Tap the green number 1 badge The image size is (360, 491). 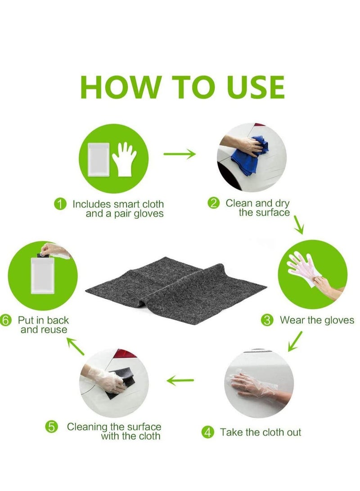(x=60, y=204)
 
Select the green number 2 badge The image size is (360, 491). (x=213, y=203)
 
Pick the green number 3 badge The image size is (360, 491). (x=267, y=320)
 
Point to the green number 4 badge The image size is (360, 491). (x=207, y=432)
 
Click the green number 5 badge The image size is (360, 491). (x=52, y=427)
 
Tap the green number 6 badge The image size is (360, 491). (x=5, y=320)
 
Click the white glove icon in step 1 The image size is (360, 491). (x=124, y=160)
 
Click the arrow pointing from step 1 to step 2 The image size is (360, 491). (x=180, y=154)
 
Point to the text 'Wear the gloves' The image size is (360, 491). (x=317, y=320)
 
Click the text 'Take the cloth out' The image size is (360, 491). (x=261, y=432)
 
